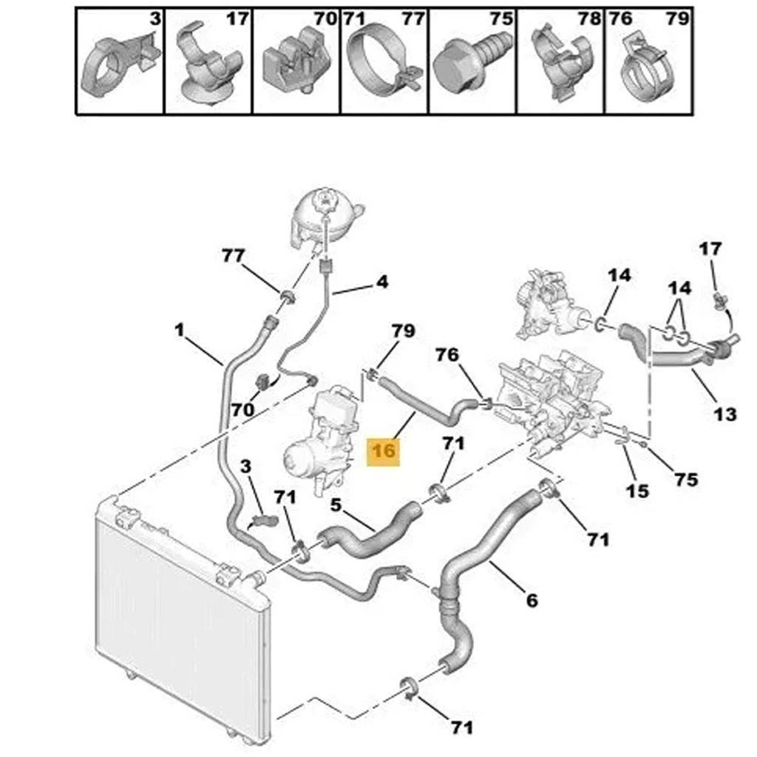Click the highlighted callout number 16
pyautogui.click(x=384, y=452)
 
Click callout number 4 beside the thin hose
pyautogui.click(x=382, y=282)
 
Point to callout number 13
pyautogui.click(x=724, y=414)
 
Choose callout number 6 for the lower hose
pyautogui.click(x=531, y=600)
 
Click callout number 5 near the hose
pyautogui.click(x=336, y=505)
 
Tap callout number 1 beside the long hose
pyautogui.click(x=180, y=330)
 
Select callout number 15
pyautogui.click(x=637, y=491)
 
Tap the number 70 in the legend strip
pyautogui.click(x=325, y=18)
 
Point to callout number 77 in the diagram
pyautogui.click(x=233, y=255)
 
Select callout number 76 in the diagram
pyautogui.click(x=447, y=355)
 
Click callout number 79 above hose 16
pyautogui.click(x=403, y=330)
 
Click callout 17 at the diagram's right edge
pyautogui.click(x=710, y=249)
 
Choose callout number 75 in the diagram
pyautogui.click(x=687, y=479)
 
